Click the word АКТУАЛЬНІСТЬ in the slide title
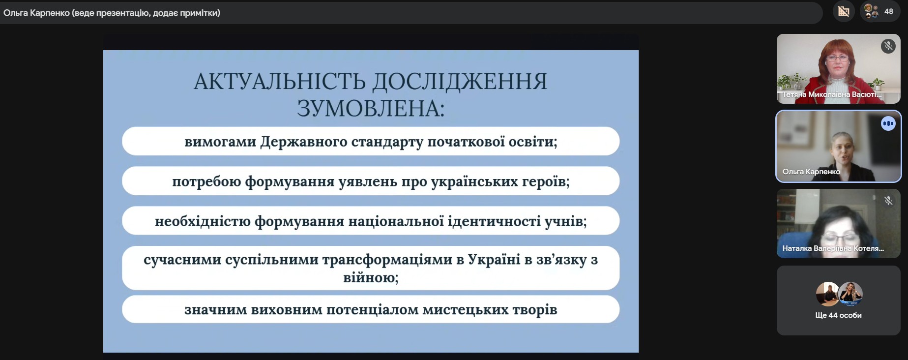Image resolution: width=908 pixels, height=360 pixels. [x=279, y=82]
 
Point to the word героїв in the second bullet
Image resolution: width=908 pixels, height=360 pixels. [x=544, y=181]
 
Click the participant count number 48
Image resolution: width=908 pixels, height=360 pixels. [x=889, y=11]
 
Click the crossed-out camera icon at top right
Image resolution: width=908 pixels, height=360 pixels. [x=844, y=11]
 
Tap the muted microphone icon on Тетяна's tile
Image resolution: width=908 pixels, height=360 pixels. [x=888, y=46]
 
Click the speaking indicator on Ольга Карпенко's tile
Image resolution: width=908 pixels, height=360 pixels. [x=888, y=123]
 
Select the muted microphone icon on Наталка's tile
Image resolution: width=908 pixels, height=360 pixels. [x=888, y=201]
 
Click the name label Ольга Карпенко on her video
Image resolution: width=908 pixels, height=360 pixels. [x=811, y=172]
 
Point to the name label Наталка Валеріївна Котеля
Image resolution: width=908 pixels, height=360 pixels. [x=833, y=248]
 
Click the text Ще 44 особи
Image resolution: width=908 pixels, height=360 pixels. [x=838, y=315]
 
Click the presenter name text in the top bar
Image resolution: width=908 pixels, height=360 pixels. [x=112, y=13]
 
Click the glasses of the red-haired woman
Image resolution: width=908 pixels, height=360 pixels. [x=837, y=59]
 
